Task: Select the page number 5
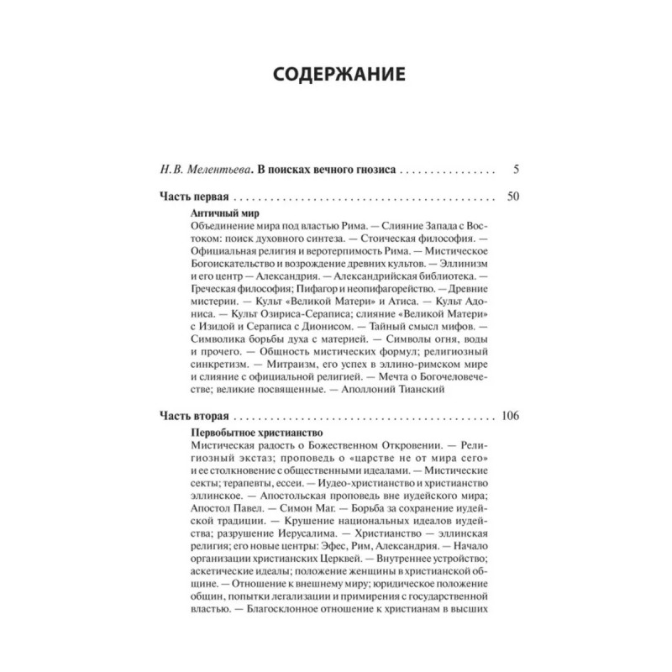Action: coord(516,169)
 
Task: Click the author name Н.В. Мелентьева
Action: coord(199,169)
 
